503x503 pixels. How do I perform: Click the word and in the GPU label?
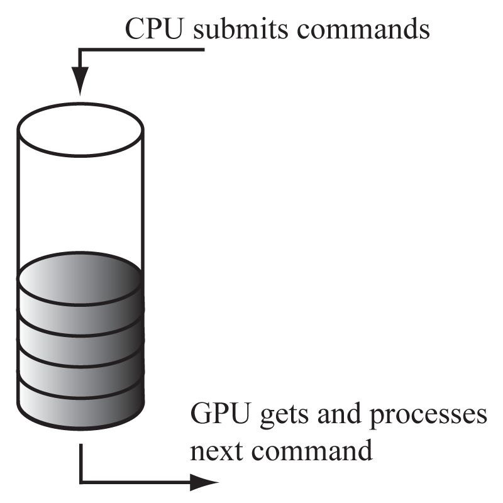pyautogui.click(x=346, y=416)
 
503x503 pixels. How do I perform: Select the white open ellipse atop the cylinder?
pyautogui.click(x=80, y=129)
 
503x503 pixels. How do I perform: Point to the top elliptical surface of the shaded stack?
pyautogui.click(x=80, y=277)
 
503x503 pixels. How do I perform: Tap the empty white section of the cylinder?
pyautogui.click(x=80, y=201)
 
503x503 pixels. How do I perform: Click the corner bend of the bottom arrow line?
pyautogui.click(x=81, y=483)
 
